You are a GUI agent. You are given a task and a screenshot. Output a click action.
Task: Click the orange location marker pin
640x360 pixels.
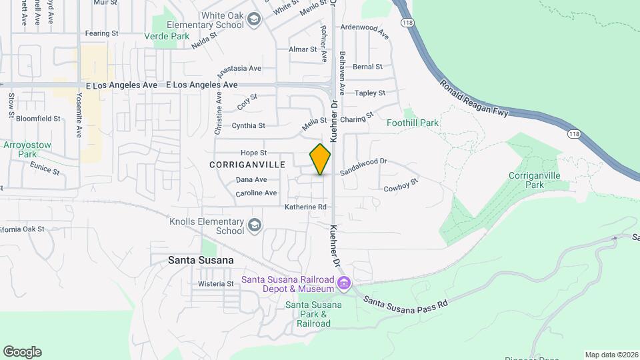pos(320,159)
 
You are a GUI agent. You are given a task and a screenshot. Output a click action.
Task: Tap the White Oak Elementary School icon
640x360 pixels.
pos(254,20)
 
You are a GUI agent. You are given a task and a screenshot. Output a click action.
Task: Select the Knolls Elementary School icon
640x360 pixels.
pos(254,226)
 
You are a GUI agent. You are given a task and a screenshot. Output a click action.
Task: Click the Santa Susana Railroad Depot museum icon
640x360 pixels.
pos(343,284)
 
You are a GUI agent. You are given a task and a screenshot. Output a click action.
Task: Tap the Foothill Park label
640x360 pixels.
pos(413,123)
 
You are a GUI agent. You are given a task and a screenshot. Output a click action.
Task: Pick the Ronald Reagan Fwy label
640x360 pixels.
pos(474,99)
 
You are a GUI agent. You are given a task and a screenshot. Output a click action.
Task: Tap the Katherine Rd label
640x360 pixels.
pos(305,207)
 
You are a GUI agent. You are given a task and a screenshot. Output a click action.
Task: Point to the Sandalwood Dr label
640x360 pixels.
pos(363,166)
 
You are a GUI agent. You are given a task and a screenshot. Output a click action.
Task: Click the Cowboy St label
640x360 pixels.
pos(401,185)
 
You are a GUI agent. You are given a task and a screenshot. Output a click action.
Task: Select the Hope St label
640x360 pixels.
pos(253,153)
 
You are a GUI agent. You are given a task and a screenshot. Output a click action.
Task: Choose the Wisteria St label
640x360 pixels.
pos(216,283)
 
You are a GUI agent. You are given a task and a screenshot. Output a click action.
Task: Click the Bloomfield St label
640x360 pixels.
pos(38,119)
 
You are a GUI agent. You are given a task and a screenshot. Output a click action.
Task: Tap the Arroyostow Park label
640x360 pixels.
pos(27,149)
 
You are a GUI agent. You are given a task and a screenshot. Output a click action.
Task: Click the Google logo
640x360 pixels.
pos(22,352)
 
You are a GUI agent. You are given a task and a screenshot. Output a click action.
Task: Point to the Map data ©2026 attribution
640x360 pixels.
pos(611,355)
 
